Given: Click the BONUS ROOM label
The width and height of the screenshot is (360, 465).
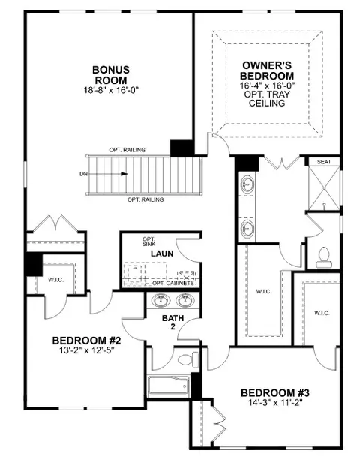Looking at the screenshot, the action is point(111,75).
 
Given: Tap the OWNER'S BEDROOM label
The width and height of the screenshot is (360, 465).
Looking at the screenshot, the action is point(267,70).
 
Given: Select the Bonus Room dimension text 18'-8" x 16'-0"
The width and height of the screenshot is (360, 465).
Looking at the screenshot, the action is point(111,90).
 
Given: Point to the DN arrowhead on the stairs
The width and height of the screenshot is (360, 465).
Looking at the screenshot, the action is point(124,174).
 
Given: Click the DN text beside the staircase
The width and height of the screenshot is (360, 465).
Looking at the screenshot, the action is point(83,174).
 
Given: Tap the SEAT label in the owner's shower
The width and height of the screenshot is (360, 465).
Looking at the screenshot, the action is point(324,162).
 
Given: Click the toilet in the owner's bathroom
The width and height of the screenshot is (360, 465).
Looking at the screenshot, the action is point(324,257).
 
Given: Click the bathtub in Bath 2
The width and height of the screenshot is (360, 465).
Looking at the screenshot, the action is point(168,386).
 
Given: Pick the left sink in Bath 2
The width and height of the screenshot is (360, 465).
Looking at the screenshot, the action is point(160,300).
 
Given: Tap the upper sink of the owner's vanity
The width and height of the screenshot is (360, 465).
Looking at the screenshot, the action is point(247,184).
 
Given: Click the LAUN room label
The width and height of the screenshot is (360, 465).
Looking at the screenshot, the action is point(162,253).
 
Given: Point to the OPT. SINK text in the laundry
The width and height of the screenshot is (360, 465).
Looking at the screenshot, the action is point(148,241).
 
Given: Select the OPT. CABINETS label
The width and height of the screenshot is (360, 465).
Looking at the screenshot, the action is point(173,283).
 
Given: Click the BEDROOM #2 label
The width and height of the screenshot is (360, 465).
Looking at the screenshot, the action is point(86,340).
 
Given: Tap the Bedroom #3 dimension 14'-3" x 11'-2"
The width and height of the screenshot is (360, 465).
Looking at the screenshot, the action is point(275,403).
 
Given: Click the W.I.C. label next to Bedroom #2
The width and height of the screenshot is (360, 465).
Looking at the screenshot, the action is point(56,279).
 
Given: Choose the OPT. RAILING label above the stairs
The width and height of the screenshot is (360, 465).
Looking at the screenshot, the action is point(127,150).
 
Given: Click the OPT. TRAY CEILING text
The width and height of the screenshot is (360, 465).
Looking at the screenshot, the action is point(267,98).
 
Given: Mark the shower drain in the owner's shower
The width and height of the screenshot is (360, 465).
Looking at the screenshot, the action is point(324,188).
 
